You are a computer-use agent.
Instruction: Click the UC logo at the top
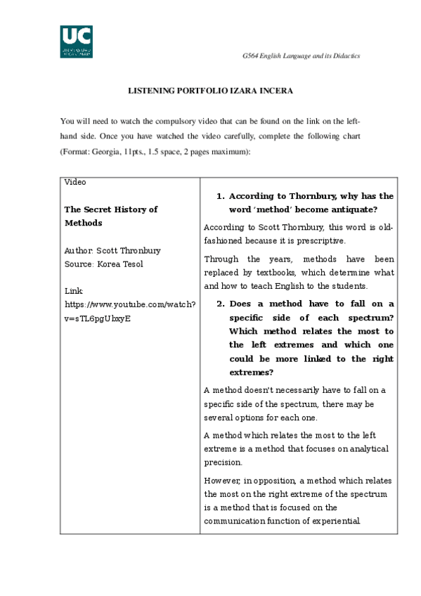click(76, 41)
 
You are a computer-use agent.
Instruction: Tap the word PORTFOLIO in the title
click(197, 91)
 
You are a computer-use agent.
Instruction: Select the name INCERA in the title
click(277, 91)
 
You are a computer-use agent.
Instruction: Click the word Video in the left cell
click(75, 182)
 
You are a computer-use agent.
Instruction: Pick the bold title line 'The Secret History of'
click(111, 209)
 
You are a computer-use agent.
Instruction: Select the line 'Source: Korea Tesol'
click(103, 264)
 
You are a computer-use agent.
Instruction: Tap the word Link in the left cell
click(73, 291)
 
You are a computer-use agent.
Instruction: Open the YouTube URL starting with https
click(130, 304)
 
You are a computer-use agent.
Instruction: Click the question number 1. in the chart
click(220, 197)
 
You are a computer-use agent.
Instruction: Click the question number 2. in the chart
click(220, 304)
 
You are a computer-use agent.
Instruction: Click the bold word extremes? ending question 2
click(251, 372)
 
